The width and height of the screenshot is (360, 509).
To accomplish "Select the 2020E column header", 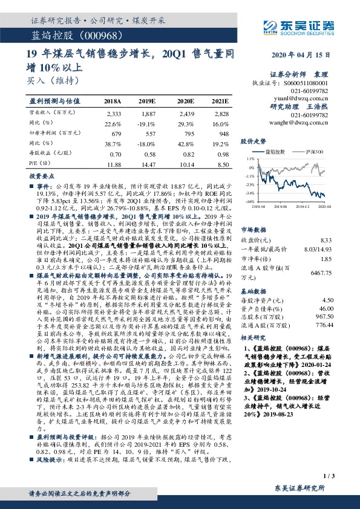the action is [x=185, y=101].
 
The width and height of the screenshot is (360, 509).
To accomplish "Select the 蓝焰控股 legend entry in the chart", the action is [x=278, y=151].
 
